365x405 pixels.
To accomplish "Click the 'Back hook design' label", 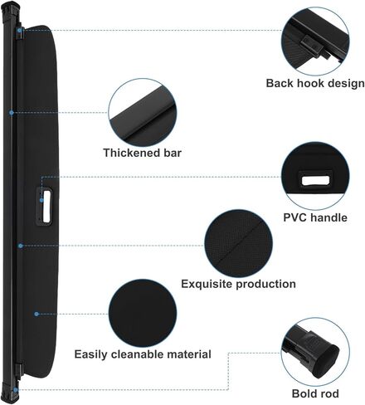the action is point(315,83).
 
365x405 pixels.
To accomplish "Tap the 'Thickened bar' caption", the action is point(143,153).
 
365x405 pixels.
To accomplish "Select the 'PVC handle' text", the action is point(315,217).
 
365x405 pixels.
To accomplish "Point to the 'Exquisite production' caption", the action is point(238,284).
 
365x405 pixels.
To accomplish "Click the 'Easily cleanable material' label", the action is point(143,354).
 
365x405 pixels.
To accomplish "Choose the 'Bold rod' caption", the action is point(315,393).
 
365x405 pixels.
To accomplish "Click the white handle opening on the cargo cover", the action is point(46,207).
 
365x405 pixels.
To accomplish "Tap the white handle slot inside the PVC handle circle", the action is point(315,181).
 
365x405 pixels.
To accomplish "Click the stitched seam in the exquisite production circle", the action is point(238,244).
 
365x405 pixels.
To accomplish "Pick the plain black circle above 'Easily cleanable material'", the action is point(143,313).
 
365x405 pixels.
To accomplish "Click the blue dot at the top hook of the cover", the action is point(19,30).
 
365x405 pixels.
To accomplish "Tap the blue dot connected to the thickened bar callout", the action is point(12,113).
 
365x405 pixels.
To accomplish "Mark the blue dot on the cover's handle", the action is point(41,200).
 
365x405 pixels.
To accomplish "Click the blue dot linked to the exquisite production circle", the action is point(20,246).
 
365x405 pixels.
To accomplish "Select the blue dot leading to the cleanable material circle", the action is point(36,314).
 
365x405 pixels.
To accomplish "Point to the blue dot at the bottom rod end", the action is point(16,390).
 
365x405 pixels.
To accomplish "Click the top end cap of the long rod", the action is point(12,11).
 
